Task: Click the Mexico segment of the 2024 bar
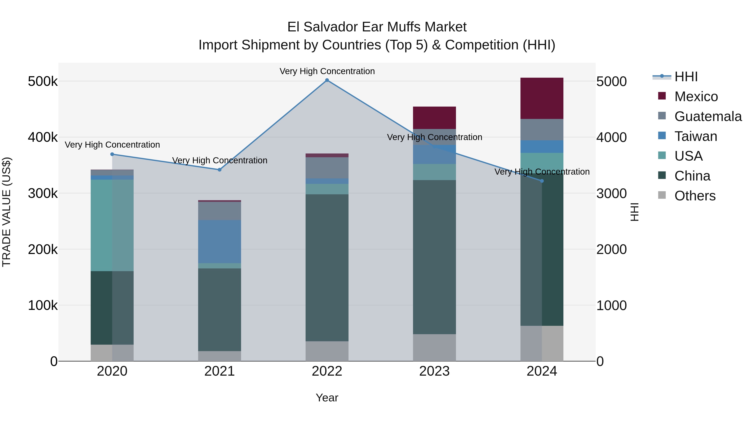point(542,98)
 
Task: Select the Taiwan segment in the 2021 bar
point(219,241)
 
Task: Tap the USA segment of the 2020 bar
point(112,225)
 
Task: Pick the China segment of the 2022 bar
point(327,268)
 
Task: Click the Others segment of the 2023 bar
point(434,348)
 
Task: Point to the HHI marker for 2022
point(327,80)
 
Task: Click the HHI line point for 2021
point(219,170)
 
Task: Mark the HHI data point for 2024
point(542,181)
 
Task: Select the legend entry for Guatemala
point(708,116)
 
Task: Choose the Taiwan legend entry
point(695,136)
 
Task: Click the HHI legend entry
point(686,77)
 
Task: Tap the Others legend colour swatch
point(662,195)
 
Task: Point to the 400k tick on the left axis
point(43,137)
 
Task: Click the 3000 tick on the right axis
point(611,193)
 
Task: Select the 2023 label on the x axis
point(434,371)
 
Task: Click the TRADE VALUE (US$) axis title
point(6,212)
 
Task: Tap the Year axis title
point(327,398)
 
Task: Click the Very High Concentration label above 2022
point(327,71)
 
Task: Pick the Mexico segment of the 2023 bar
point(434,118)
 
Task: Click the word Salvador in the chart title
point(331,27)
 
